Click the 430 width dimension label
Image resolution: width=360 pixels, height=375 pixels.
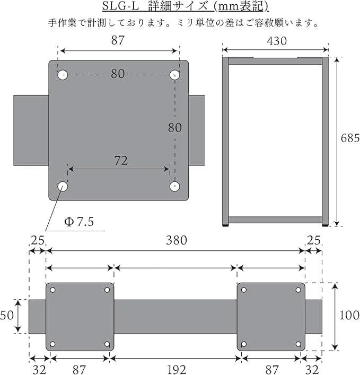(x=277, y=41)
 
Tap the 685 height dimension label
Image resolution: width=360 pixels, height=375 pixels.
(x=350, y=138)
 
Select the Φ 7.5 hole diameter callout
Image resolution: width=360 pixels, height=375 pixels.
(x=79, y=222)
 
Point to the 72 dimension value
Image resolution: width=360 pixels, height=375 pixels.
(x=121, y=161)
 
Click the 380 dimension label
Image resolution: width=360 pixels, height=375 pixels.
(x=177, y=240)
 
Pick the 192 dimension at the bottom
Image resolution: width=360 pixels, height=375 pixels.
(x=177, y=370)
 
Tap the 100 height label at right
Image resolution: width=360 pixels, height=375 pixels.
(x=349, y=315)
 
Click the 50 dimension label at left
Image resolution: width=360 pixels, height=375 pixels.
(x=7, y=315)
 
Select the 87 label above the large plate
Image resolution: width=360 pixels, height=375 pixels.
(x=118, y=40)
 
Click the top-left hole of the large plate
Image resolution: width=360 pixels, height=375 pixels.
(x=63, y=75)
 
